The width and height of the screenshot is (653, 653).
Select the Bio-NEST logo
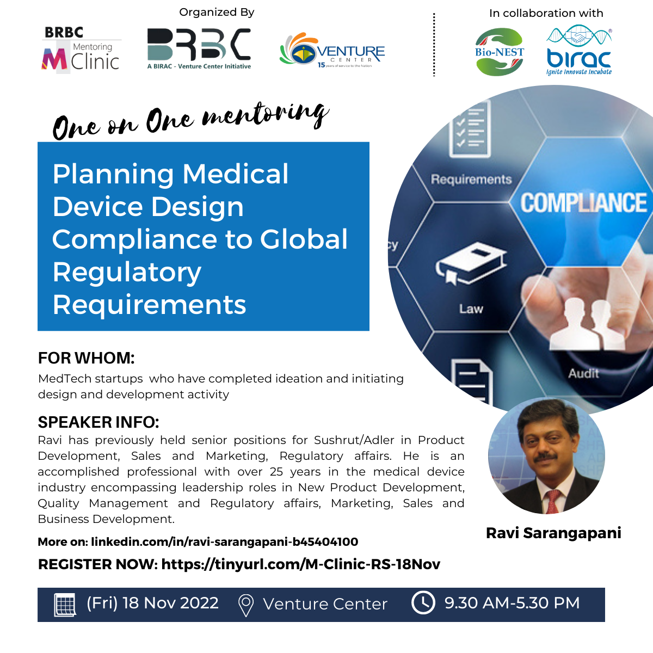500,52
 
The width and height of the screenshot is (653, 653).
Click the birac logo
579,50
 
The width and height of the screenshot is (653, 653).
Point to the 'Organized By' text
217,12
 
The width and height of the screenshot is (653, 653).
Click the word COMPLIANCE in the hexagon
583,203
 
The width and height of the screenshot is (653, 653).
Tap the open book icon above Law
471,263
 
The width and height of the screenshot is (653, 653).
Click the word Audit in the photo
583,373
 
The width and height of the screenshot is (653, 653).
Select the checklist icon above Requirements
470,129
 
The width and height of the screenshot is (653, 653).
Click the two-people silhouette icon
587,324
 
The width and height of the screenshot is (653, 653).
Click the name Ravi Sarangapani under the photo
553,533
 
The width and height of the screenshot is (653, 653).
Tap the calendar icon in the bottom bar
65,605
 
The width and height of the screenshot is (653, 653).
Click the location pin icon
246,605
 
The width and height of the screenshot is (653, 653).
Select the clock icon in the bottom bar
423,603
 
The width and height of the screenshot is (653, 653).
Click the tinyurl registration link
300,564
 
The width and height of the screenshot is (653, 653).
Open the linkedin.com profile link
224,542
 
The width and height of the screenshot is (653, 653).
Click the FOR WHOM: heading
87,358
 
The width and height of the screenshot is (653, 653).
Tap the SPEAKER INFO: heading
98,422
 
